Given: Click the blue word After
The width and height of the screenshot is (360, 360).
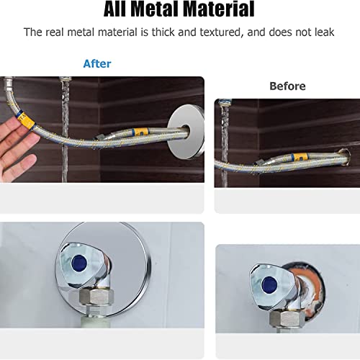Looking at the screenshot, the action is click(97, 64).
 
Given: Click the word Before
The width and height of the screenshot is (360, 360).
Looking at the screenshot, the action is click(287, 86).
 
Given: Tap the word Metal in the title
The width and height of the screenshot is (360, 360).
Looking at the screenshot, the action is click(156, 9).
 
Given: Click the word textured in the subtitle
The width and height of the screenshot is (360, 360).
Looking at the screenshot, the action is click(220, 32).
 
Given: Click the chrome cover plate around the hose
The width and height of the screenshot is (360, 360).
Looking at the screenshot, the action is click(186, 132).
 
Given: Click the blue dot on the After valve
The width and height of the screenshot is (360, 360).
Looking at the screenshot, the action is click(79, 263).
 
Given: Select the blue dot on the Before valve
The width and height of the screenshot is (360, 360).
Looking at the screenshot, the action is click(269, 284).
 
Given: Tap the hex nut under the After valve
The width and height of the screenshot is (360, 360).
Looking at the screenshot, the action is click(96, 297).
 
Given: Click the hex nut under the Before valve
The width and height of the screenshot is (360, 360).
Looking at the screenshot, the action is click(287, 319).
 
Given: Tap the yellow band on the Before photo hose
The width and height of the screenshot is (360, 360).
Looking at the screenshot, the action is click(299, 157).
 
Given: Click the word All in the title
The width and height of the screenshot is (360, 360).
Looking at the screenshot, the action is click(114, 9).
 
